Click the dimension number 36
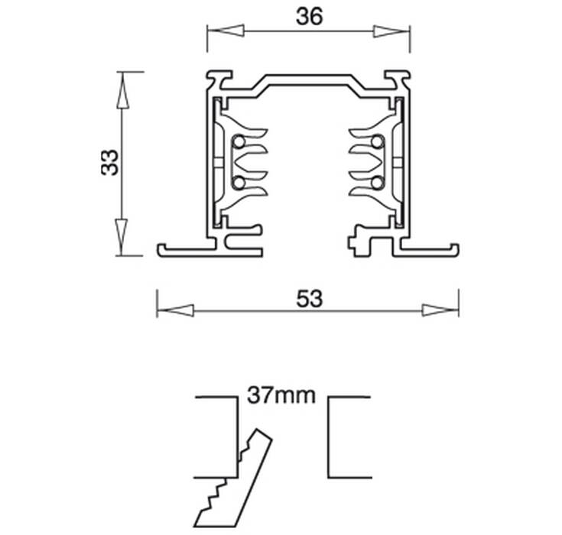point(310,17)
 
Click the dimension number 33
point(109,162)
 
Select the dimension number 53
point(310,299)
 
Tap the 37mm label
point(281,395)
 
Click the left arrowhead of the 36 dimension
point(226,31)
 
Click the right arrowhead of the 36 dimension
point(391,31)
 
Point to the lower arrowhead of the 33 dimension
point(122,237)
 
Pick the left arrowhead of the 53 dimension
point(175,310)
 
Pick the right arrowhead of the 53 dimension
point(440,310)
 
